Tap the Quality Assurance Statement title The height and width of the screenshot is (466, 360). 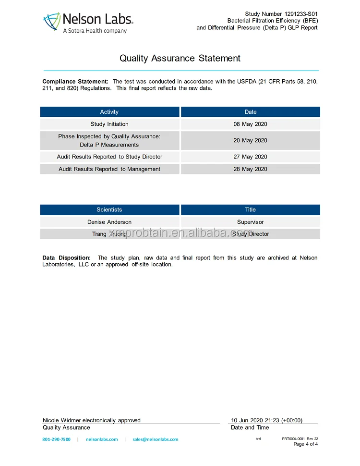180,58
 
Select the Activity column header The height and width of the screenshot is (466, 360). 109,112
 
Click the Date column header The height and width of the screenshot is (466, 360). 251,112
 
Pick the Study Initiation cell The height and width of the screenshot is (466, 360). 109,124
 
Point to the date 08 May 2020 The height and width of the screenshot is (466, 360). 251,124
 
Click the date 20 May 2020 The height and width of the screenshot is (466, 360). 251,140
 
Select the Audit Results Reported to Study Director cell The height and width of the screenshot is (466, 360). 109,157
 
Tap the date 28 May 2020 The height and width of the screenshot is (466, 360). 251,169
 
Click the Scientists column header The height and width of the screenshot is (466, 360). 109,209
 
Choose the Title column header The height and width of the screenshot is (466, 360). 251,209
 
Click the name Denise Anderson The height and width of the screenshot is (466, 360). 109,222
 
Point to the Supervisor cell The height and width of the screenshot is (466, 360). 251,222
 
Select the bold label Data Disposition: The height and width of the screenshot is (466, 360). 66,258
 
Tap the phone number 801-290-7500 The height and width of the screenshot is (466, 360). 56,439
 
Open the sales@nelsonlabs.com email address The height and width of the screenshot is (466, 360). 155,439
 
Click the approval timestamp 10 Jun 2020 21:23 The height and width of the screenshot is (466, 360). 267,420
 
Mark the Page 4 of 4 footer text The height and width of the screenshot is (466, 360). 305,444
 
